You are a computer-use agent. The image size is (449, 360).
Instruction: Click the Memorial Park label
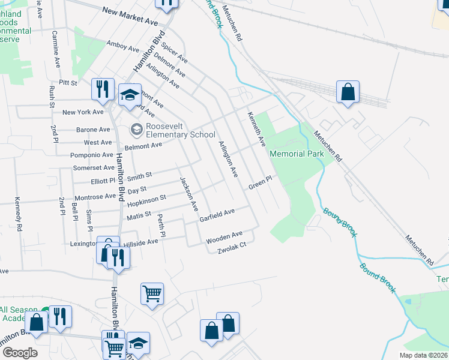tap(297, 154)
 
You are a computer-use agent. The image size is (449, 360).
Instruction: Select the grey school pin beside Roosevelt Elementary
tap(136, 129)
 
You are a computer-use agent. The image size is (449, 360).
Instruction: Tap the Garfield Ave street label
tap(217, 215)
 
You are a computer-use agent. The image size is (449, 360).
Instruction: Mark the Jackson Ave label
tap(188, 194)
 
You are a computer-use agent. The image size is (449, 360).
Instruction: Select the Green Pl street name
tap(261, 182)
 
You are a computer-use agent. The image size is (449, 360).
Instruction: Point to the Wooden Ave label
tap(224, 237)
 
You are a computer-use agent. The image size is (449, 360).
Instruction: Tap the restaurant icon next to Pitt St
tap(102, 89)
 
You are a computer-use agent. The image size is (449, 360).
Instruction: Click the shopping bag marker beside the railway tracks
tap(348, 92)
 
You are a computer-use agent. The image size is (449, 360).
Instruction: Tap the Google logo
tap(20, 353)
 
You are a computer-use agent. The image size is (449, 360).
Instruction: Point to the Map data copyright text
tap(423, 355)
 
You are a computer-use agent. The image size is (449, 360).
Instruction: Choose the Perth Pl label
tap(160, 224)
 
